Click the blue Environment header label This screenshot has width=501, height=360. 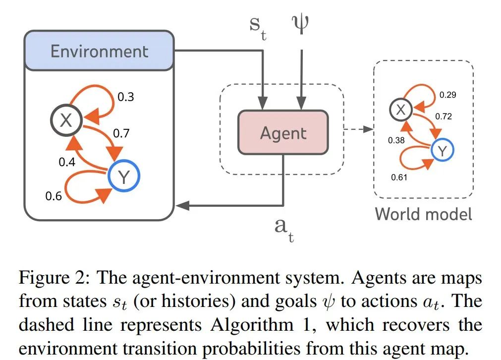coord(100,51)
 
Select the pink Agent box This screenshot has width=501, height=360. coord(283,133)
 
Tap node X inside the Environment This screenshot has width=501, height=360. coord(66,120)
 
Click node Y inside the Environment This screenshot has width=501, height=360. coord(124,176)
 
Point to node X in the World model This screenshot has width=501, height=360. coord(401,110)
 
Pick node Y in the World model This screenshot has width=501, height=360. coord(443,150)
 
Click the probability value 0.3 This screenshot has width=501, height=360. coord(125,97)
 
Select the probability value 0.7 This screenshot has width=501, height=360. coord(121,133)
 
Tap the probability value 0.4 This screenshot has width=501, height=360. coord(67,162)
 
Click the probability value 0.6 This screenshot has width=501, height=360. coord(54,196)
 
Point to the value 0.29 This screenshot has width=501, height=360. coord(447,95)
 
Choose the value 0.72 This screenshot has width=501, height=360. coord(444,117)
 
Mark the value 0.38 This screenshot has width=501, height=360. coord(396,140)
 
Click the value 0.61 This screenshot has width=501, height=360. coord(399,177)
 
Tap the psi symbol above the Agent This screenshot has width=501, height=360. coord(300,24)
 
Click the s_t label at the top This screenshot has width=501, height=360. coord(258,28)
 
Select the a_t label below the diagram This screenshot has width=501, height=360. coord(284,230)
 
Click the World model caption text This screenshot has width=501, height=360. coord(423,214)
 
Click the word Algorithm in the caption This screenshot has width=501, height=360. coord(252,325)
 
